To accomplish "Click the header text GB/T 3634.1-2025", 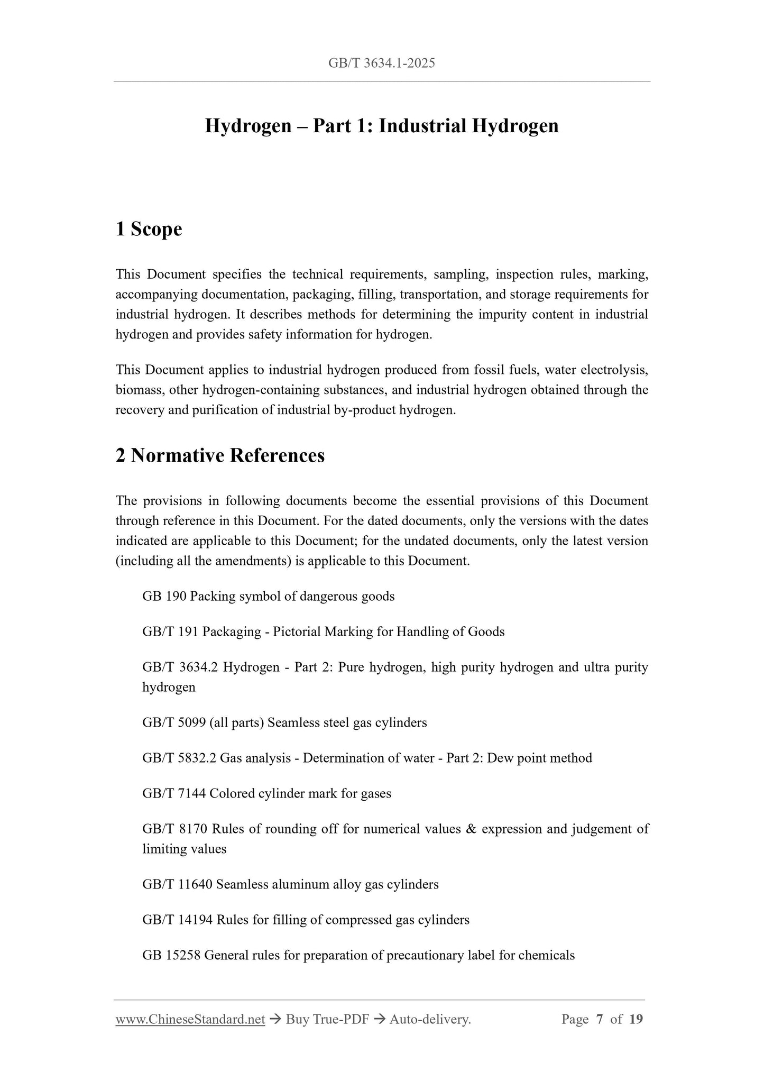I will [381, 63].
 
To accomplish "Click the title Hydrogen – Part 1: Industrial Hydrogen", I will [381, 126].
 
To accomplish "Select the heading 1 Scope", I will [149, 229].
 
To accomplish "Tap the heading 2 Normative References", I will [220, 455].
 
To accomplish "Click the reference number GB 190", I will [164, 597].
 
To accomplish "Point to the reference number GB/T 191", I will [170, 632].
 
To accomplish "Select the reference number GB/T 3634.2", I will [180, 667].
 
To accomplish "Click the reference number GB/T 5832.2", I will [179, 758].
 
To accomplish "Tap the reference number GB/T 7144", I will [174, 794].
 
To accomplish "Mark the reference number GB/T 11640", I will [177, 885].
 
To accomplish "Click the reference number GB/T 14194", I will [177, 920].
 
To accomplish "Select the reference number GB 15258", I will [171, 956].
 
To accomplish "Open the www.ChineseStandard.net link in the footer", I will [190, 1020].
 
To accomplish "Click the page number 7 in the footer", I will [600, 1020].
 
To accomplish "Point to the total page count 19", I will [636, 1020].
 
